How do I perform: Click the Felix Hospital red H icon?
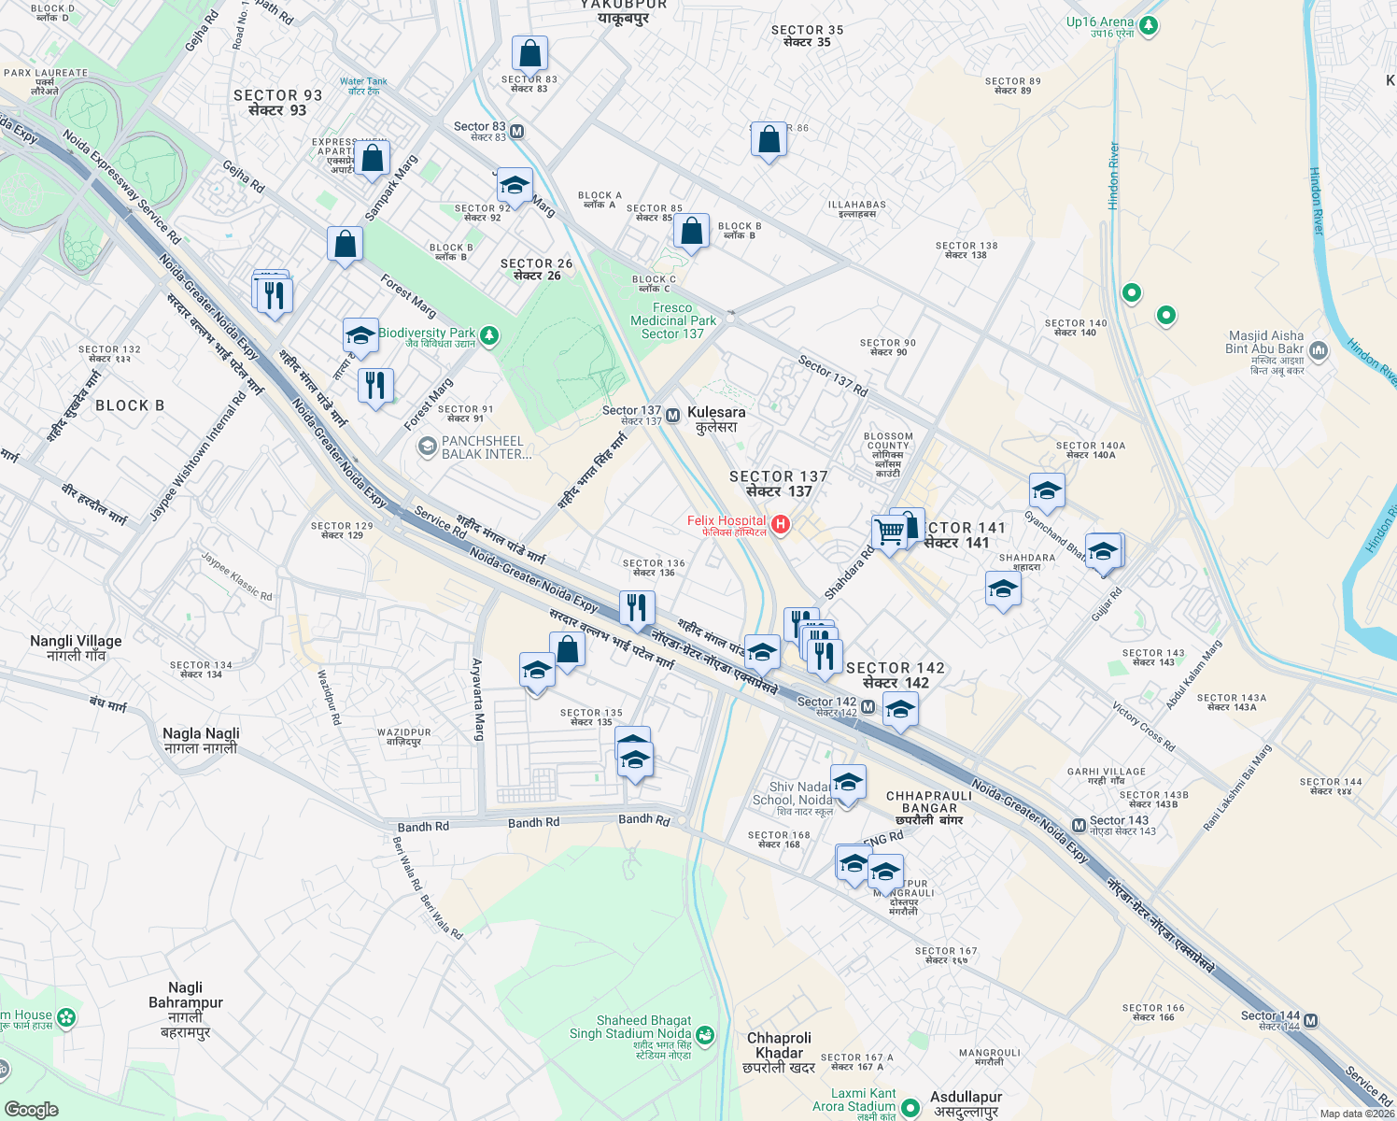point(781,525)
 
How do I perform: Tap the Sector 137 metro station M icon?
point(672,415)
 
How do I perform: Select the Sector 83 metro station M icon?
point(516,132)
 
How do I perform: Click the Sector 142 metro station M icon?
point(868,707)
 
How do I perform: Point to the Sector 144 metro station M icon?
point(1311,1020)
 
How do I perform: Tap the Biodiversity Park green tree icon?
point(488,336)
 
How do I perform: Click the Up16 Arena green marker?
point(1149,26)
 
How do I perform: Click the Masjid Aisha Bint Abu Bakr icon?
point(1319,351)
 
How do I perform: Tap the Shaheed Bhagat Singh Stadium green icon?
point(705,1034)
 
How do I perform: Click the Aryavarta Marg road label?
point(477,699)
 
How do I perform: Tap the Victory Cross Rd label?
point(1144,728)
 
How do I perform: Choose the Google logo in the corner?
point(31,1109)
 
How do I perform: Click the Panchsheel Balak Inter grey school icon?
point(428,447)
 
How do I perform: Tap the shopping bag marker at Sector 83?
point(529,54)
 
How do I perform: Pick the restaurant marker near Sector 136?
point(636,607)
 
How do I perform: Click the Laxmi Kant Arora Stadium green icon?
point(910,1108)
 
